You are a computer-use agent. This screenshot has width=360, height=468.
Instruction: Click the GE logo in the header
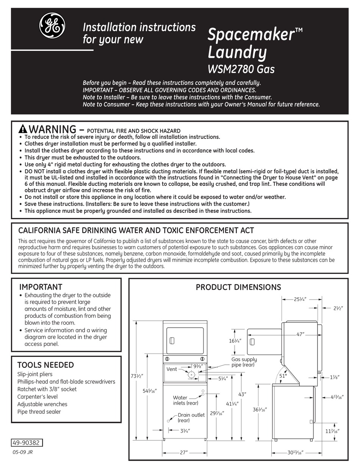coord(52,26)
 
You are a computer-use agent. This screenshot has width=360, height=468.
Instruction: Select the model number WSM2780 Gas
coord(241,69)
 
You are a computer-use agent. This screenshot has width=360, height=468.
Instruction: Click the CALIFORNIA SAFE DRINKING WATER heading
coord(136,230)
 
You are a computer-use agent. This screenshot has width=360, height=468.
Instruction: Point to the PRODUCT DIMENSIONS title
coord(238,287)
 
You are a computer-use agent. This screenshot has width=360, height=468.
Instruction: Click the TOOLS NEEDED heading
coord(45,365)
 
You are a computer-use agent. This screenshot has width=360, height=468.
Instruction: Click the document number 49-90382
coord(27,443)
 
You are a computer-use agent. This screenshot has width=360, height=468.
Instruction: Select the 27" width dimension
coord(185,452)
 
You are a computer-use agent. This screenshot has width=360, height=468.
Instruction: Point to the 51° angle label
coord(283,375)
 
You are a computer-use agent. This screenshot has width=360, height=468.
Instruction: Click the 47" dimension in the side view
coord(301,335)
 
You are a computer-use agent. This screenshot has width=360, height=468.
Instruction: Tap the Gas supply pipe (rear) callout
coord(244,362)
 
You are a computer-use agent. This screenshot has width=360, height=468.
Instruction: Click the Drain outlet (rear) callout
coord(191,418)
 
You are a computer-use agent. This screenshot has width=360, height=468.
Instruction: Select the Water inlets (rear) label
coord(185,400)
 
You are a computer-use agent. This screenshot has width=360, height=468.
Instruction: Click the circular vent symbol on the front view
coord(191,374)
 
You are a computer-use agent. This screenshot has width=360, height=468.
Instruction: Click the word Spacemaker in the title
coord(252,35)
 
